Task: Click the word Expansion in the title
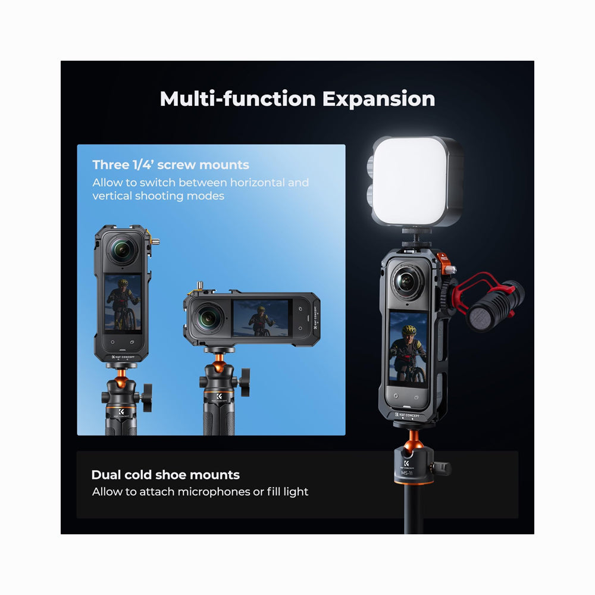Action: tap(378, 99)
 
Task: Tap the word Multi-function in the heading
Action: tap(238, 98)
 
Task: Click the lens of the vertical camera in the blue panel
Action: tap(122, 250)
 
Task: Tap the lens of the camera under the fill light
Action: tap(406, 281)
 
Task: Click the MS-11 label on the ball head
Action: tap(406, 473)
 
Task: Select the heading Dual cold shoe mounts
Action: tap(165, 475)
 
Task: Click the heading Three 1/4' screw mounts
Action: tap(171, 165)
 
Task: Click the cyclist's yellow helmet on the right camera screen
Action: tap(410, 330)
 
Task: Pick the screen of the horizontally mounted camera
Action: tap(261, 318)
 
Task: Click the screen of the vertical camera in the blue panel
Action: tap(123, 303)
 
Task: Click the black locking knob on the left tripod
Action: tap(147, 397)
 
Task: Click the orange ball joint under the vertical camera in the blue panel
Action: tap(121, 381)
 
